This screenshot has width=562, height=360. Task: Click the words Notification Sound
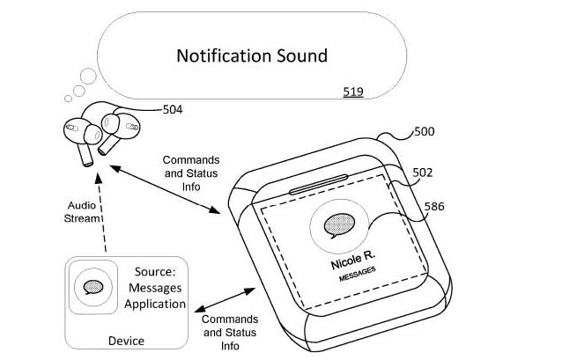[252, 56]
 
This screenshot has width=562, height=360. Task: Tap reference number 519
[353, 92]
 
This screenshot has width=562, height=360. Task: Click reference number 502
[423, 173]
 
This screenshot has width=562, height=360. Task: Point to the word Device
[126, 340]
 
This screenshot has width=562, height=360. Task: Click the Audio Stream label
[83, 211]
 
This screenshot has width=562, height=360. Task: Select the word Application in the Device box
[155, 304]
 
